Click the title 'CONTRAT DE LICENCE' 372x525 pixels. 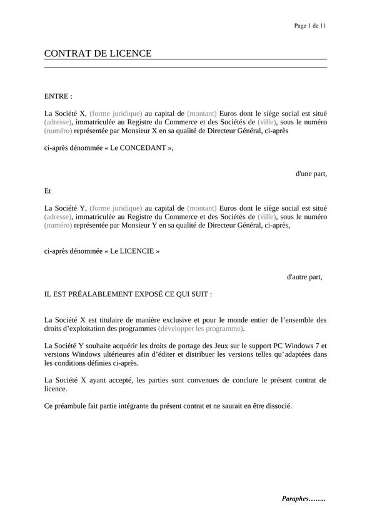(x=98, y=54)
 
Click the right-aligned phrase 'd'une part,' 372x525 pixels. (x=311, y=174)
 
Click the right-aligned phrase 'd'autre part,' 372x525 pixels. (x=304, y=276)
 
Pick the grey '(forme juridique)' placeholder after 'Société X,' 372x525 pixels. (x=116, y=114)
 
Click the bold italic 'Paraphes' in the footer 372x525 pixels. (x=295, y=499)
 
